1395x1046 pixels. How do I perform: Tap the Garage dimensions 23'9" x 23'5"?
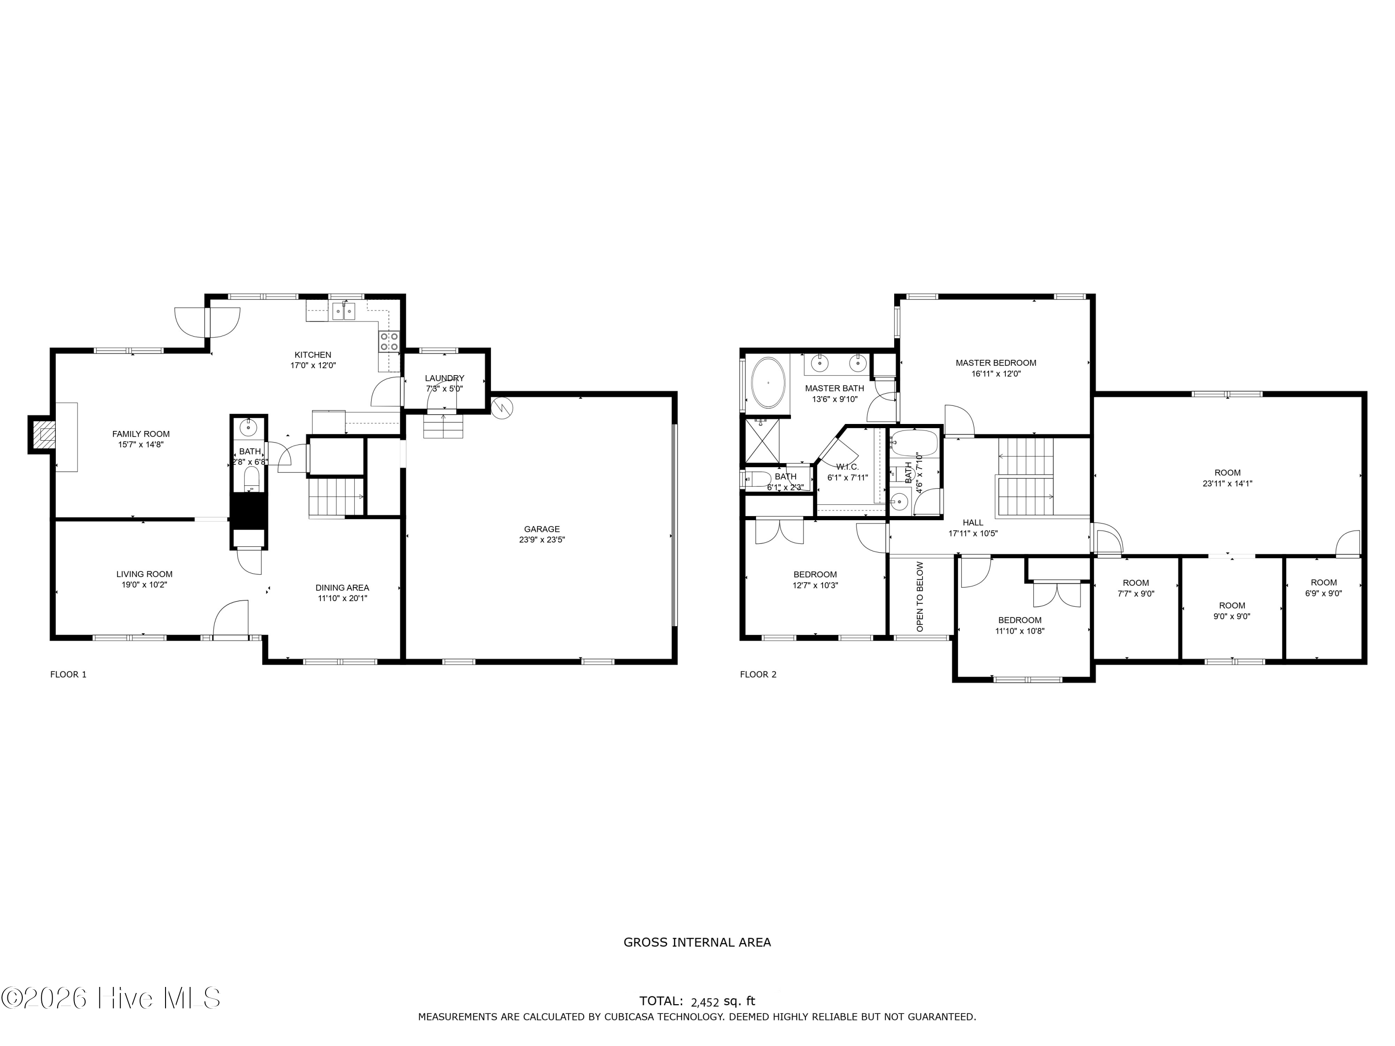[x=542, y=540]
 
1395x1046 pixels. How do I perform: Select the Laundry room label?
[x=445, y=378]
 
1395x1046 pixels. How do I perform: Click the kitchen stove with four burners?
[x=389, y=342]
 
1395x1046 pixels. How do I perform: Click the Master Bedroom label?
[x=996, y=363]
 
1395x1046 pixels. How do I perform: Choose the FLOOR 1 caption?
[x=68, y=675]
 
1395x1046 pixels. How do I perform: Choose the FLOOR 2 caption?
[x=758, y=675]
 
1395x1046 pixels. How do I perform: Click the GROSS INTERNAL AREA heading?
[x=697, y=943]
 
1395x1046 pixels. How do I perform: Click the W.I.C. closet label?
[x=848, y=467]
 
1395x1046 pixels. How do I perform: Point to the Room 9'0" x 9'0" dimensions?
[x=1232, y=616]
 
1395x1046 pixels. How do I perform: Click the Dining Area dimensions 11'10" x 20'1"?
[x=342, y=598]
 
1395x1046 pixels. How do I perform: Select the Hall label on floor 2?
[x=973, y=523]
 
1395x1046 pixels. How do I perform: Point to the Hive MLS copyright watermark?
[x=111, y=998]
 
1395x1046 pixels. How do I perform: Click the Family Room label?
[x=141, y=434]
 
